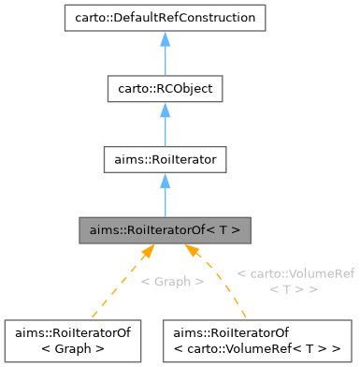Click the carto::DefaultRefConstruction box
click(164, 17)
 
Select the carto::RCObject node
click(164, 89)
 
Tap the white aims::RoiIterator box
click(164, 160)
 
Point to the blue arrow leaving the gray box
click(164, 197)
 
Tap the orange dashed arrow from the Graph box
click(117, 281)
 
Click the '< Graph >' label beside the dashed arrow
click(171, 282)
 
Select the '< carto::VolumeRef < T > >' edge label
click(296, 281)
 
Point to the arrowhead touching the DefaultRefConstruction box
click(164, 37)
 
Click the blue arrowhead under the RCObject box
click(164, 110)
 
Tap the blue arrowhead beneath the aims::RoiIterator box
click(164, 181)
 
